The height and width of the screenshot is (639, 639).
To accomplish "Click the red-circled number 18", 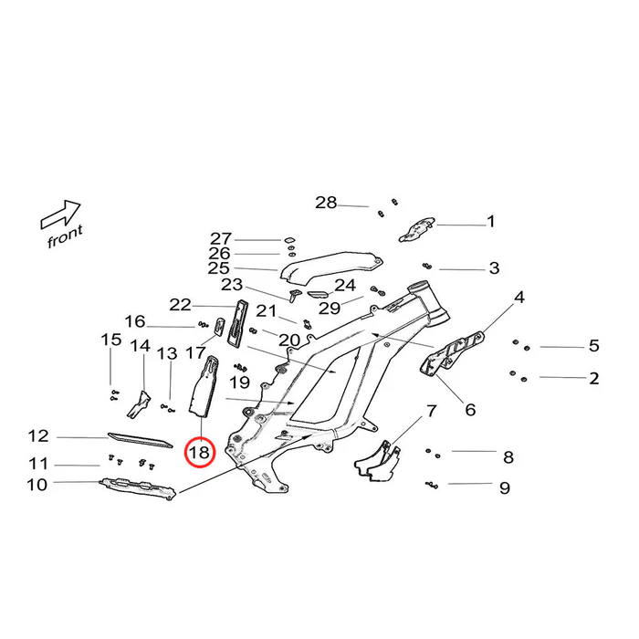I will pyautogui.click(x=199, y=451).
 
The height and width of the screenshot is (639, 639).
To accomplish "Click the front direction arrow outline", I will pyautogui.click(x=61, y=215).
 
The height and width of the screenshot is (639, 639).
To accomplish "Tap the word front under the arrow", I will pyautogui.click(x=65, y=236).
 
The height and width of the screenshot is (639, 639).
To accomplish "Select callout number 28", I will pyautogui.click(x=326, y=202).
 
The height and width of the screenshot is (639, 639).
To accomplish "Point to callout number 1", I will pyautogui.click(x=490, y=221).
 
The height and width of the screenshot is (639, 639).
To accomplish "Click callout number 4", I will pyautogui.click(x=519, y=297).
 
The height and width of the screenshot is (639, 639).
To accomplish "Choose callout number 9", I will pyautogui.click(x=504, y=487).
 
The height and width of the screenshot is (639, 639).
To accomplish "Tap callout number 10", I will pyautogui.click(x=37, y=485).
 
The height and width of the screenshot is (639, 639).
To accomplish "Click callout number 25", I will pyautogui.click(x=218, y=268).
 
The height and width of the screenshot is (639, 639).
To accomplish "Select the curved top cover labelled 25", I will pyautogui.click(x=329, y=267).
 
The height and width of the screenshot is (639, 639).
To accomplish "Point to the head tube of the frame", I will pyautogui.click(x=429, y=302).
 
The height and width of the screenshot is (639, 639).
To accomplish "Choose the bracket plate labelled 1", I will pyautogui.click(x=418, y=227).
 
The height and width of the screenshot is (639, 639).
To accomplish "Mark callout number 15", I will pyautogui.click(x=110, y=340).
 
